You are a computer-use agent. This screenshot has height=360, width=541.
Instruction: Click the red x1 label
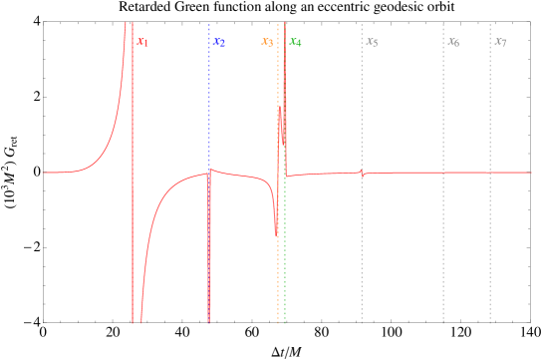[142, 42]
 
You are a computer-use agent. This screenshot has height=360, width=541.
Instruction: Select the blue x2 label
[219, 42]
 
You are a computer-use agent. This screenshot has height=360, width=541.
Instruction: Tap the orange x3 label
[267, 42]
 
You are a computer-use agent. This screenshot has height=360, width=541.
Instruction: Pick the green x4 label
[295, 42]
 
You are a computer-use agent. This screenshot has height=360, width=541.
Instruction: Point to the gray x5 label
[372, 42]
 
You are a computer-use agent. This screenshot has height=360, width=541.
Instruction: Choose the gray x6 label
[453, 42]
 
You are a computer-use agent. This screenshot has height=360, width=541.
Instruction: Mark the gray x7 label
[500, 42]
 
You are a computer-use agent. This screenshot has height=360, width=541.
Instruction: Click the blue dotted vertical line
[209, 100]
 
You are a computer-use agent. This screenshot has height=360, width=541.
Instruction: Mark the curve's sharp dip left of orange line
[276, 235]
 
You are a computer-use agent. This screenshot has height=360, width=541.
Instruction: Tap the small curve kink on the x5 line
[362, 174]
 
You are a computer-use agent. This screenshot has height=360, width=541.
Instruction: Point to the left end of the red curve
[43, 173]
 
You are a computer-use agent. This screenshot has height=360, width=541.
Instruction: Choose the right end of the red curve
[531, 173]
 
